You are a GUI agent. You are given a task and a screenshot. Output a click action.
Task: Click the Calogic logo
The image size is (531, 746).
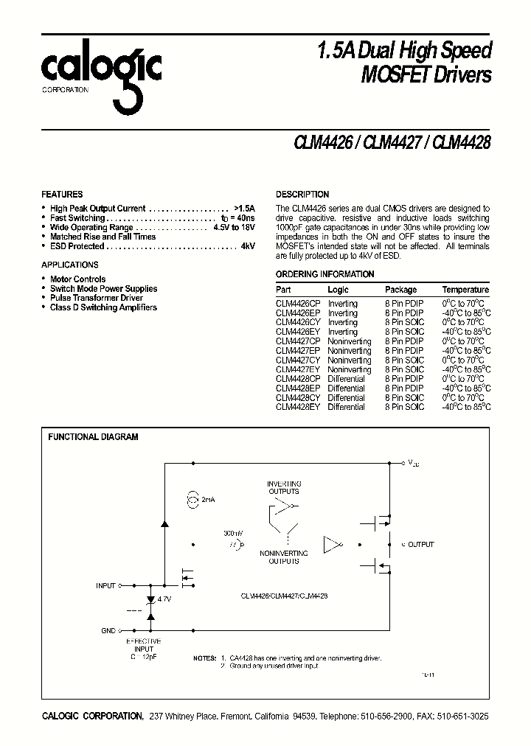[x=101, y=74]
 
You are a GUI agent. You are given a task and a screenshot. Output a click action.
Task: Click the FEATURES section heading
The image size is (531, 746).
[x=62, y=195]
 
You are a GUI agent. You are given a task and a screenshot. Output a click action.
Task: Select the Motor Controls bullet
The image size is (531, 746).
[x=77, y=279]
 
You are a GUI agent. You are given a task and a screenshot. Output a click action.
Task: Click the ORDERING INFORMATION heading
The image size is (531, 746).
[x=324, y=274]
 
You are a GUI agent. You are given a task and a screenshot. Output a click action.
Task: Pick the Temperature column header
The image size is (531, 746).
[x=465, y=290]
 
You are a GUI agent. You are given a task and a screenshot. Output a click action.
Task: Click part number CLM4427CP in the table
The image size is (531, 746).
[x=298, y=341]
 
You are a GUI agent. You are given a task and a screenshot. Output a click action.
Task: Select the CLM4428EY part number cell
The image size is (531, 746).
[x=298, y=407]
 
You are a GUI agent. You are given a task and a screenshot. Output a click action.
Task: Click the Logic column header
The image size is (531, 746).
[x=338, y=290]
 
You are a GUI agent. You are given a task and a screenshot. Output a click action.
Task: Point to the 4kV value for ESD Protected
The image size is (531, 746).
[x=247, y=246]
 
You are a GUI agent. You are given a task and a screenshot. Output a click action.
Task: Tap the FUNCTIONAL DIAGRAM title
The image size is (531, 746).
[x=93, y=437]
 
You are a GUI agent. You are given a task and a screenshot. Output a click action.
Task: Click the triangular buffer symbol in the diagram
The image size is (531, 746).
[x=333, y=545]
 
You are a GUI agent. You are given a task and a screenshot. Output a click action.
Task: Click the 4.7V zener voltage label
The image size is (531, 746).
[x=164, y=599]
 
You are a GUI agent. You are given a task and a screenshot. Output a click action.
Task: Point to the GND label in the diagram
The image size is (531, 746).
[x=108, y=631]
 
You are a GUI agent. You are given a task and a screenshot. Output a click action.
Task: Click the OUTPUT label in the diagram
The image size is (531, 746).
[x=421, y=544]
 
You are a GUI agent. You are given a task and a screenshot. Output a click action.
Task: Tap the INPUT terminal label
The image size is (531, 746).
[x=105, y=586]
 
